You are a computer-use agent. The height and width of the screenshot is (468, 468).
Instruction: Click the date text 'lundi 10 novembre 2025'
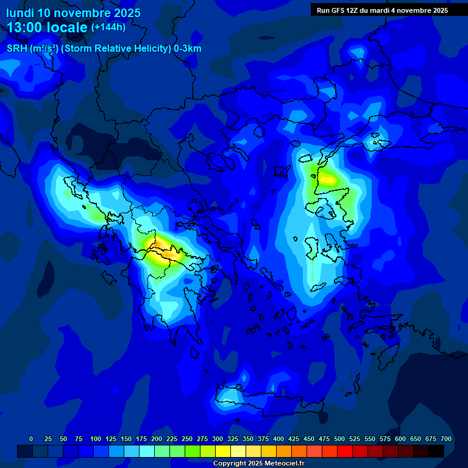coord(73,13)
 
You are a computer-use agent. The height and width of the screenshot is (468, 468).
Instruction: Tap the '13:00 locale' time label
coord(48,27)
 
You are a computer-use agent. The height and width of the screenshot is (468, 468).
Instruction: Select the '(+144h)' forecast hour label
coord(108,27)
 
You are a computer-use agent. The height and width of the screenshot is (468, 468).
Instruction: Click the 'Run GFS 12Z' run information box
coord(382,10)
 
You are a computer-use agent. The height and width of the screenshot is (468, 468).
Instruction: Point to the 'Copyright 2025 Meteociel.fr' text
coord(258,464)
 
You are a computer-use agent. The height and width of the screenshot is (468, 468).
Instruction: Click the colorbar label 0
coord(31,439)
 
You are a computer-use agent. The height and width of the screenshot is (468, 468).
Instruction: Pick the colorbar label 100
coord(96,439)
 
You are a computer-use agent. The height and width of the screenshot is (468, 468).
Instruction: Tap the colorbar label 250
coord(187,439)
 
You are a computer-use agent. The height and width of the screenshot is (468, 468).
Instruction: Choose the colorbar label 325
coord(233,439)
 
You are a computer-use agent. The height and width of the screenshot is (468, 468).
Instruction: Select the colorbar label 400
coord(278,439)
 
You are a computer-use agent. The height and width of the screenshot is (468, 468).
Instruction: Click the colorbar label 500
coord(339,439)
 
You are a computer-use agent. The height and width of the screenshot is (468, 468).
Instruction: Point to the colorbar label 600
coord(400,439)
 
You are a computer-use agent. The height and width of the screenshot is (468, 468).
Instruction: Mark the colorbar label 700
coord(446,439)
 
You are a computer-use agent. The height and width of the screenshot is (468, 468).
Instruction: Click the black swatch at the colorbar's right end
coord(436,451)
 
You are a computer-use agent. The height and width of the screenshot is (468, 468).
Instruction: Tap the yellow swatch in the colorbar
coord(223,451)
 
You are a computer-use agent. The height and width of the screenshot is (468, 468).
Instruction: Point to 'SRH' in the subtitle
coord(16,49)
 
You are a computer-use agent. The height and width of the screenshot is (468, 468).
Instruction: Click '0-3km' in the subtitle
coord(187,49)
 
